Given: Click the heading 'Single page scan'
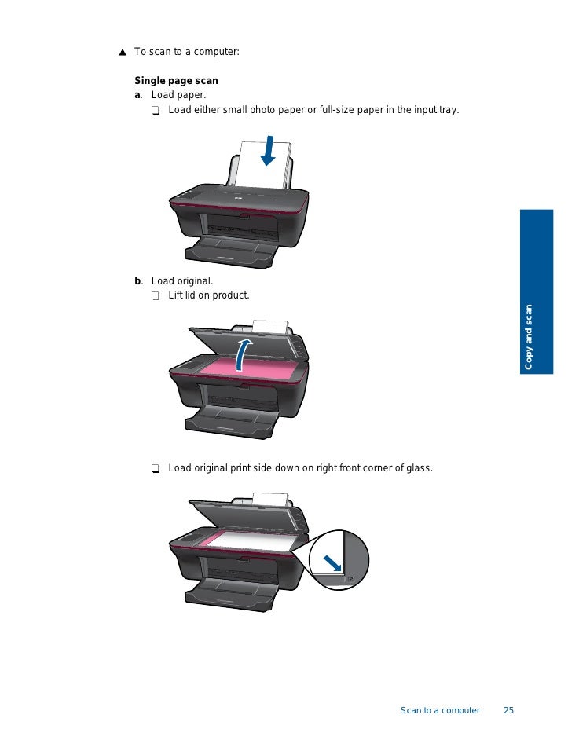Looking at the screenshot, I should [x=176, y=80].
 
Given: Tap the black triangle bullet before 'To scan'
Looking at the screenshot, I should [x=123, y=53].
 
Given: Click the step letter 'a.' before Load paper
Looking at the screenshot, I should [x=138, y=95].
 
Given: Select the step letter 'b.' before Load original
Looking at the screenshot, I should [x=138, y=280].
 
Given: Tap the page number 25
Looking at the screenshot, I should [x=508, y=710].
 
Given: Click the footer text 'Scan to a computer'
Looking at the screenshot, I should [x=440, y=710].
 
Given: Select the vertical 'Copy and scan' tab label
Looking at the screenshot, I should [x=529, y=336].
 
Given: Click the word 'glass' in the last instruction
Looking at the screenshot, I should [x=418, y=468].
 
